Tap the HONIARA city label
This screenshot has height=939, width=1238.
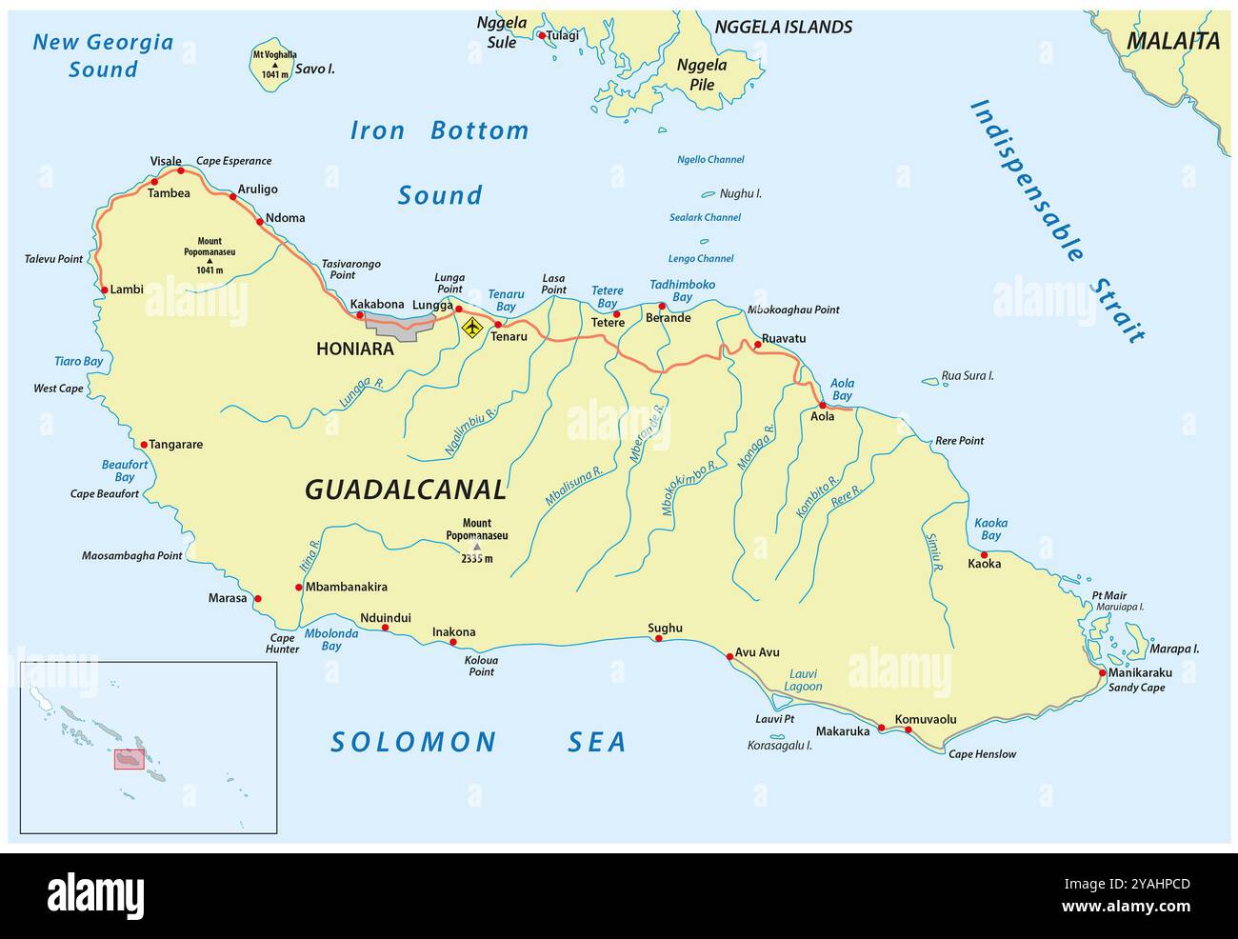click(354, 350)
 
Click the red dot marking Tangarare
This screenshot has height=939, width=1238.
click(144, 445)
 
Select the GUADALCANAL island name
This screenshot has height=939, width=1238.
click(406, 489)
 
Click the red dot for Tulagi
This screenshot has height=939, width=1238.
click(542, 36)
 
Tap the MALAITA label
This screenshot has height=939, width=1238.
click(1172, 41)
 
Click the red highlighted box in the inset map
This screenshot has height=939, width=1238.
click(129, 759)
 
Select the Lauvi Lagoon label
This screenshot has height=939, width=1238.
click(804, 680)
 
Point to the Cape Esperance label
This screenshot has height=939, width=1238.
click(233, 161)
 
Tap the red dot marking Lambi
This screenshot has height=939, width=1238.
click(103, 290)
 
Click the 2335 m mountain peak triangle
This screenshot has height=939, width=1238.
click(477, 547)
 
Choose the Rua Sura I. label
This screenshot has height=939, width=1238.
click(967, 376)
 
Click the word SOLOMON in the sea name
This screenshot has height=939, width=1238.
click(413, 742)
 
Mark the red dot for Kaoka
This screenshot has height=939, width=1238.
click(984, 554)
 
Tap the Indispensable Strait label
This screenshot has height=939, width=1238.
click(1057, 221)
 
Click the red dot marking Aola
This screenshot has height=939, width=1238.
click(823, 405)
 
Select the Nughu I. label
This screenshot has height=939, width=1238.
click(740, 193)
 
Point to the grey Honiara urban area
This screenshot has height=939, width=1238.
click(400, 327)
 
